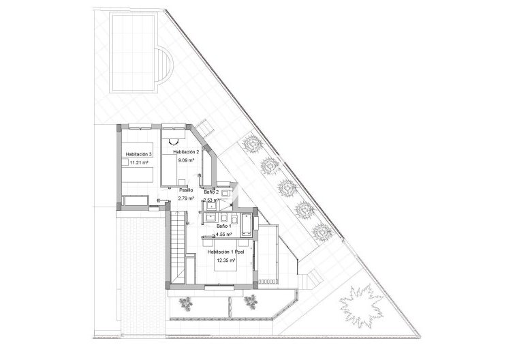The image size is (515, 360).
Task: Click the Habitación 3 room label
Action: click(x=139, y=155)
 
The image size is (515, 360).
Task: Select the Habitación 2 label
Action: click(x=186, y=151)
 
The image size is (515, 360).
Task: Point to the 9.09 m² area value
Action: click(x=187, y=161)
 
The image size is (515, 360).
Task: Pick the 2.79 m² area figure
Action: click(x=187, y=198)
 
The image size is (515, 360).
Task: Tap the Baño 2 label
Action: click(x=212, y=193)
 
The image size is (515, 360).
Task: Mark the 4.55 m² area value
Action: click(x=224, y=234)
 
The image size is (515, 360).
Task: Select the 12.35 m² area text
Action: click(x=225, y=260)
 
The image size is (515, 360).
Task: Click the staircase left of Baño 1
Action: click(x=178, y=245)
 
